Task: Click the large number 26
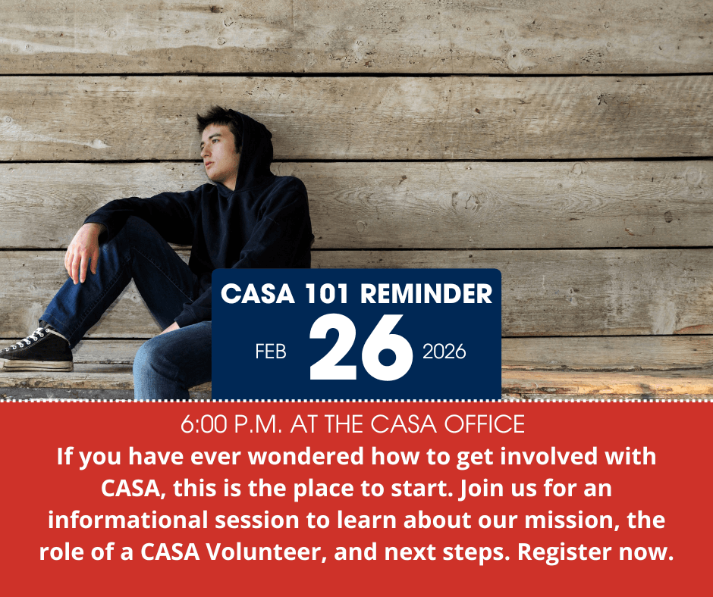[361, 348]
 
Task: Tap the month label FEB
[271, 352]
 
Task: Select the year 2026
[444, 352]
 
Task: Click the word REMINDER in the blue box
[426, 294]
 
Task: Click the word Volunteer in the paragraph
[265, 552]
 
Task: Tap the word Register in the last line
[565, 553]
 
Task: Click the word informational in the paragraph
[127, 520]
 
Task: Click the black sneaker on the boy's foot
[36, 349]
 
